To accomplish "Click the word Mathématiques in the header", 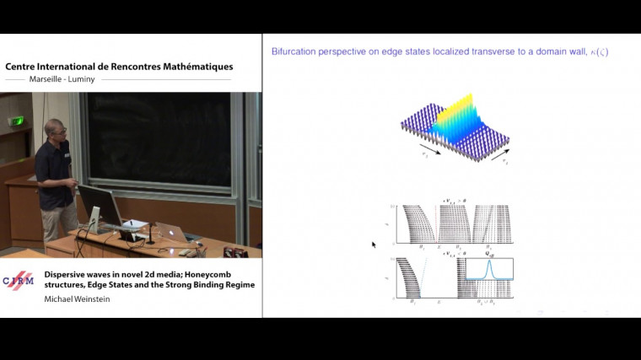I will tap(192, 67).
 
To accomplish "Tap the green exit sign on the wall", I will tap(16, 121).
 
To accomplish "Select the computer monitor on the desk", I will tap(99, 205).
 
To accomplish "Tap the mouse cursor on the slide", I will tap(373, 244).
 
